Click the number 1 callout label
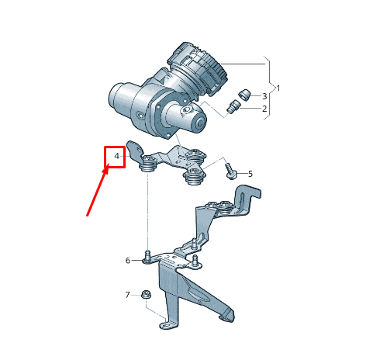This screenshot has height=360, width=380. [x=278, y=88]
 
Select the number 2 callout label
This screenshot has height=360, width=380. [x=264, y=109]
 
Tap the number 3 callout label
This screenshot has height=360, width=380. [x=264, y=96]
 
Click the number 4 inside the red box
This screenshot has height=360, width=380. [x=116, y=157]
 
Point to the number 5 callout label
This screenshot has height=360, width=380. [x=250, y=173]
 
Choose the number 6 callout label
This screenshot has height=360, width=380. [x=128, y=260]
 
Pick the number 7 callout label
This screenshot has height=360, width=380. [x=128, y=295]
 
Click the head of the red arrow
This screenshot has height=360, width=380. [x=109, y=167]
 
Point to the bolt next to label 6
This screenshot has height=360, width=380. [x=147, y=256]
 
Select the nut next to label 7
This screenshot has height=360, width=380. [x=146, y=295]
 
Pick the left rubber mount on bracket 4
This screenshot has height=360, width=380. [x=147, y=164]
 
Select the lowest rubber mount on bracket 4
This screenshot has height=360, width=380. [x=194, y=179]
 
